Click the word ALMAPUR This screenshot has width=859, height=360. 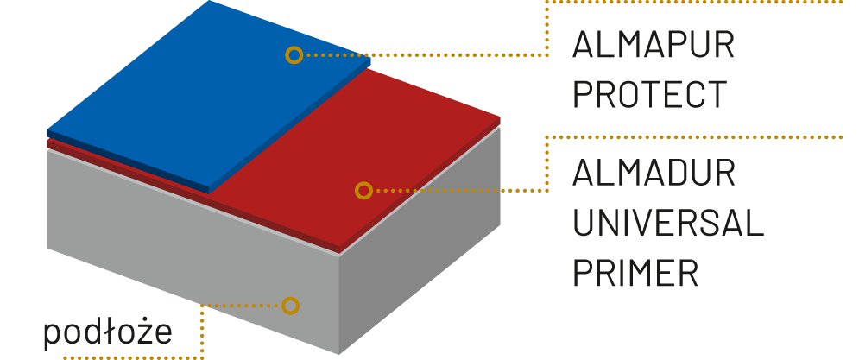pos(654,45)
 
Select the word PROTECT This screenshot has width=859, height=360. pos(651,93)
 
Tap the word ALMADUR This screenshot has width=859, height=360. pos(654,174)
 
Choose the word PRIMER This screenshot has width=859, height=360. pos(635,273)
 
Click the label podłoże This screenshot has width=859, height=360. pos(109,333)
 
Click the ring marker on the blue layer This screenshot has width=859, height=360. pos(294,55)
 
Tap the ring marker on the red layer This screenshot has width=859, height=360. pos(363,190)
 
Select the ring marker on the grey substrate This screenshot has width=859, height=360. pos(290,305)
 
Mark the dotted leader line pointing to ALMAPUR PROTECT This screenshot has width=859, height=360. pos(432,55)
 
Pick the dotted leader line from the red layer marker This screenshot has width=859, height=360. pos(458,190)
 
